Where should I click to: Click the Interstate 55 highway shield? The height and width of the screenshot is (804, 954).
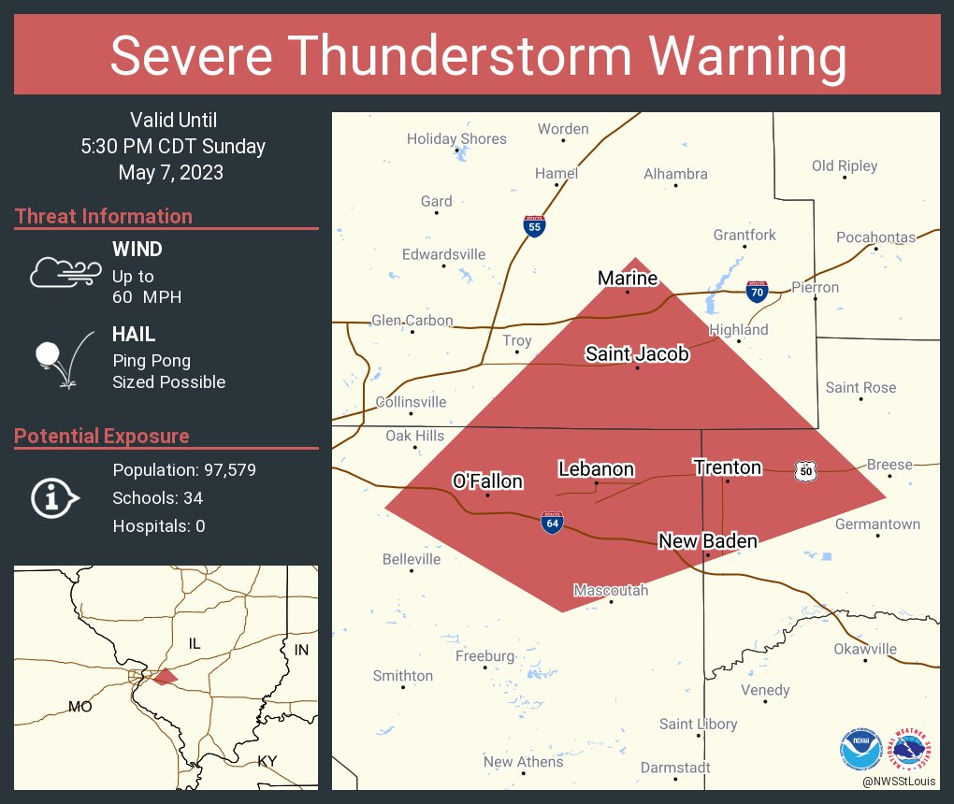534,226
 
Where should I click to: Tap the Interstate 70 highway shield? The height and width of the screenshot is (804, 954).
758,292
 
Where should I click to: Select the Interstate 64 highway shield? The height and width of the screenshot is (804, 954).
553,524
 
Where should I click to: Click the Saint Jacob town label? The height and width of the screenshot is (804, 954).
637,353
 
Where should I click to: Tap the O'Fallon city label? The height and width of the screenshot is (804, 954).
487,481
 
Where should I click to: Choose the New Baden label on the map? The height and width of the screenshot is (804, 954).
707,540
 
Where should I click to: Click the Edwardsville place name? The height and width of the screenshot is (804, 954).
443,254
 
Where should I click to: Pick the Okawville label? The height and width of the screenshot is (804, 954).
865,649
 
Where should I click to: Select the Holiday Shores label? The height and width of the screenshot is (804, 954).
456,138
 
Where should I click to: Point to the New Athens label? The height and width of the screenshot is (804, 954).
523,762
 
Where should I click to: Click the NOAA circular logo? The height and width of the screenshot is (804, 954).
860,748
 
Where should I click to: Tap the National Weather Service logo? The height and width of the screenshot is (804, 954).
912,748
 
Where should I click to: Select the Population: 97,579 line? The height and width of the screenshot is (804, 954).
184,469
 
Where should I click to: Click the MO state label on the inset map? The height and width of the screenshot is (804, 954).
80,707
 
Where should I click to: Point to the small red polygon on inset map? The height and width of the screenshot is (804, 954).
165,676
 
